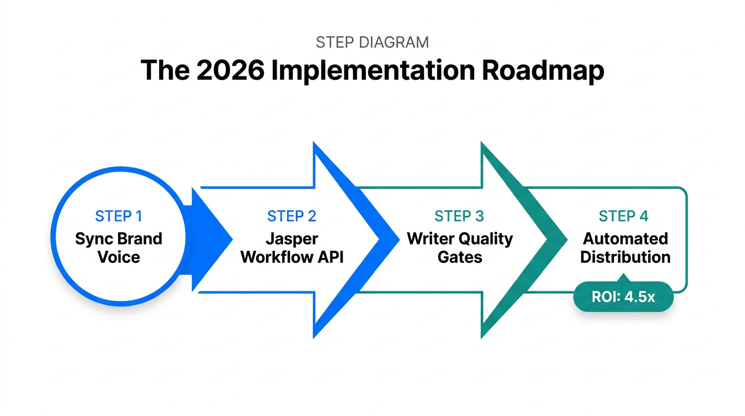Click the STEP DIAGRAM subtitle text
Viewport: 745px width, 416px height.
pyautogui.click(x=372, y=42)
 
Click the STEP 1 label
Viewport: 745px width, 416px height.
pyautogui.click(x=119, y=217)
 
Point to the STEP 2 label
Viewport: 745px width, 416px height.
pyautogui.click(x=292, y=217)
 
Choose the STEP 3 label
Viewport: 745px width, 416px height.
pyautogui.click(x=459, y=217)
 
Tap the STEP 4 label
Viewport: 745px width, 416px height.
pyautogui.click(x=623, y=217)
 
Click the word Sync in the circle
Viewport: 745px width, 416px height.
pyautogui.click(x=93, y=239)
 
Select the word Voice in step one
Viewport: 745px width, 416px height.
pyautogui.click(x=119, y=257)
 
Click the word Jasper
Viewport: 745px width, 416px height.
pyautogui.click(x=292, y=239)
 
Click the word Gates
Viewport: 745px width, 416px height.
pyautogui.click(x=459, y=257)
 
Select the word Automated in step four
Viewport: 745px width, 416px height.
pyautogui.click(x=625, y=239)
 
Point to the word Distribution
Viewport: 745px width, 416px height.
pyautogui.click(x=625, y=257)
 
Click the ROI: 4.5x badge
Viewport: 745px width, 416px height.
pyautogui.click(x=623, y=297)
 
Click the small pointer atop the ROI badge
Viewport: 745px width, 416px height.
pyautogui.click(x=623, y=278)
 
